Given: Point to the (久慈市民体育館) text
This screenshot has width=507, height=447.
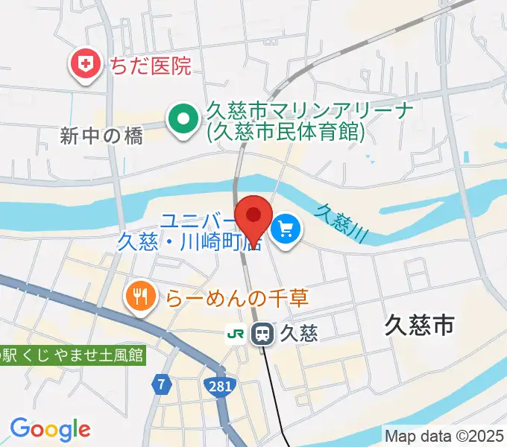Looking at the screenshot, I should click(286, 133).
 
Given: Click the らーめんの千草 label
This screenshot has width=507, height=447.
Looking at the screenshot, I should click(236, 298).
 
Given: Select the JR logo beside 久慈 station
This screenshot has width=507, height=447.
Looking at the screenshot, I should click(236, 333).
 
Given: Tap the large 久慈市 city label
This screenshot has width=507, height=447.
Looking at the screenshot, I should click(420, 324).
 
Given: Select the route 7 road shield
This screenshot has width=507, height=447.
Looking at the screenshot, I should click(160, 385).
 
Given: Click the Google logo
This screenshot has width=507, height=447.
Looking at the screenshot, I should click(50, 429).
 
